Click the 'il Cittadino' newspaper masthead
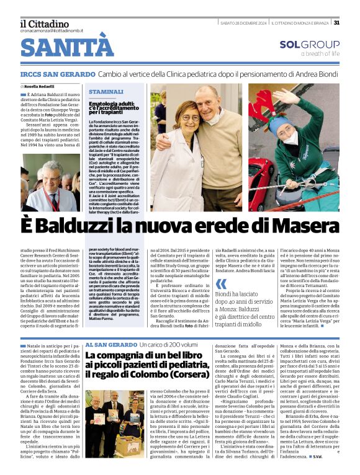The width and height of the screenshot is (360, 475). [44, 23]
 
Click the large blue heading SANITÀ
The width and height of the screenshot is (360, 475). [66, 48]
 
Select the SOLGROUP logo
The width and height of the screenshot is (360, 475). [309, 45]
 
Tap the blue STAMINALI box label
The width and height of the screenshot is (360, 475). [106, 91]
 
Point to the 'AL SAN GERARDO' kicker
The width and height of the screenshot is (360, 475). [111, 344]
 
